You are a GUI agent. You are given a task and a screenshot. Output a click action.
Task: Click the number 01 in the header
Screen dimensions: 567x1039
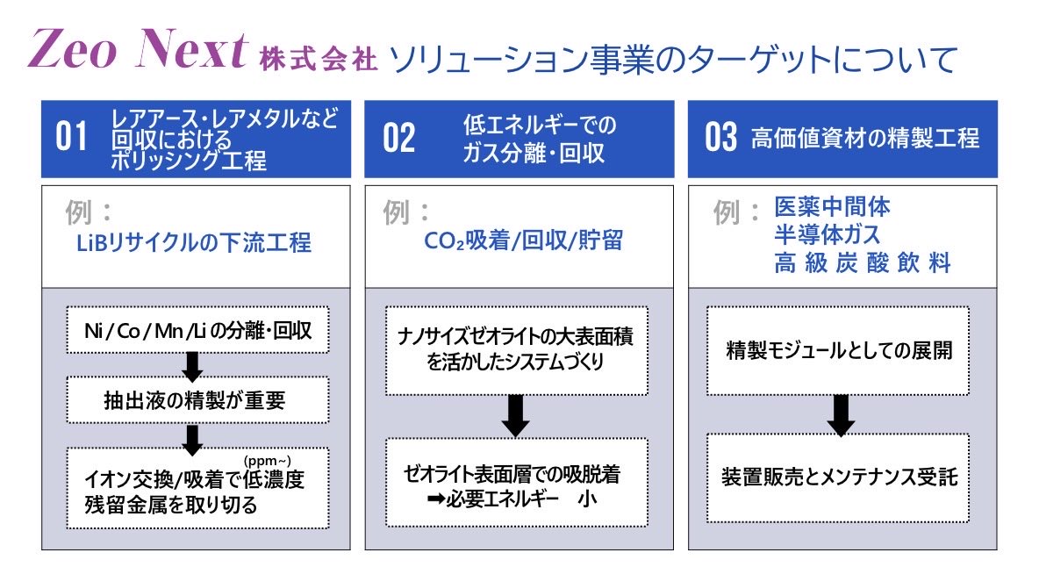(x=71, y=139)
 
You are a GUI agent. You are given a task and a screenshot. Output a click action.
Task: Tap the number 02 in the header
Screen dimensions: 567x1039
(x=398, y=139)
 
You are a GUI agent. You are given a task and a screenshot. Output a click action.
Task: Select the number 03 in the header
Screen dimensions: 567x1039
(x=721, y=139)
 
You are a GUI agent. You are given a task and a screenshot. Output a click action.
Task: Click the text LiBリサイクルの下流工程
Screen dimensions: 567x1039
(x=194, y=242)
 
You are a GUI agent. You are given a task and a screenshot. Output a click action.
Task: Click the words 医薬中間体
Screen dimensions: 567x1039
(x=833, y=207)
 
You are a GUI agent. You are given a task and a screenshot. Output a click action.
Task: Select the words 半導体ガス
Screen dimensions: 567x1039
(x=828, y=234)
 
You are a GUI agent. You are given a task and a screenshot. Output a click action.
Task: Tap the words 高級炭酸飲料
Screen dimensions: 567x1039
(x=863, y=262)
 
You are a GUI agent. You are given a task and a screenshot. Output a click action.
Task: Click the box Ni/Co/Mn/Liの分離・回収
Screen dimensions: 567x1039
(x=197, y=330)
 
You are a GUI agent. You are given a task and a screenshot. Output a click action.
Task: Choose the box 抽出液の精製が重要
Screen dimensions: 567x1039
(x=197, y=400)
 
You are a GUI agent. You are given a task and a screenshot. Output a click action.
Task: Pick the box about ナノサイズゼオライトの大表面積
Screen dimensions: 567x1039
(x=517, y=349)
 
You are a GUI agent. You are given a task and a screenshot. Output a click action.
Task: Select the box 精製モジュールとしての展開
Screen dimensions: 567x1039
(x=840, y=351)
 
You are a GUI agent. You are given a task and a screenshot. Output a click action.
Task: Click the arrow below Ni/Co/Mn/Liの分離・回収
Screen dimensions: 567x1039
(x=194, y=365)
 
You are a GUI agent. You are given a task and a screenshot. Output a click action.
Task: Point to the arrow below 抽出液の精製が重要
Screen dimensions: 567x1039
(x=194, y=437)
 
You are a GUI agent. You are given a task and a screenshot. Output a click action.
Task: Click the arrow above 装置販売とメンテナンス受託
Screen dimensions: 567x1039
(x=840, y=415)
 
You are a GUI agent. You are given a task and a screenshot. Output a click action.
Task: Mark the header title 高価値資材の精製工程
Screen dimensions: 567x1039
(x=864, y=139)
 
